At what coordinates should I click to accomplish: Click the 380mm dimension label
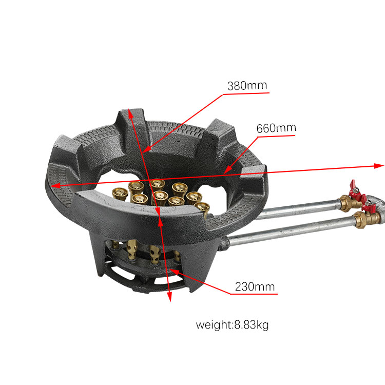[247, 85]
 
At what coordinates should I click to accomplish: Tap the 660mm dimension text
[276, 128]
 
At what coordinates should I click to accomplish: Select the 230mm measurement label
[255, 286]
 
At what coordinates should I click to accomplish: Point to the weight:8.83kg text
[232, 325]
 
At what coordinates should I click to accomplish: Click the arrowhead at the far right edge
[380, 165]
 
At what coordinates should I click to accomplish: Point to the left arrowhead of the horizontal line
[53, 185]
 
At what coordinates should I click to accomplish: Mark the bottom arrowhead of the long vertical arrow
[169, 297]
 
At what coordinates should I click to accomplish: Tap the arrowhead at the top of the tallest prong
[132, 114]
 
